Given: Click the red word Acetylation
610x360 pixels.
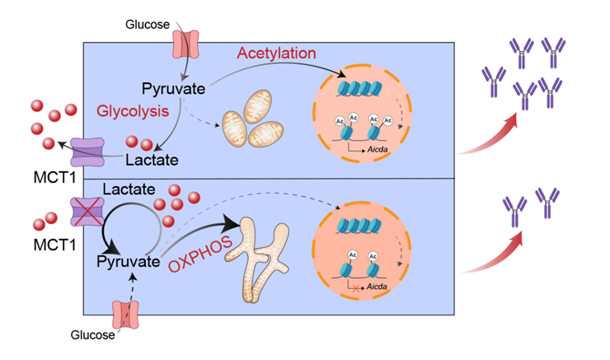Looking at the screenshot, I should click(276, 54).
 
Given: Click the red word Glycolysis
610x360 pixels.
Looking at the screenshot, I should click(134, 110).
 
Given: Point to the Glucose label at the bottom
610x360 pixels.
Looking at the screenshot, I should click(91, 334).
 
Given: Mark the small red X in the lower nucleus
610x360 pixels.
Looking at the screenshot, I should click(355, 291).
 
